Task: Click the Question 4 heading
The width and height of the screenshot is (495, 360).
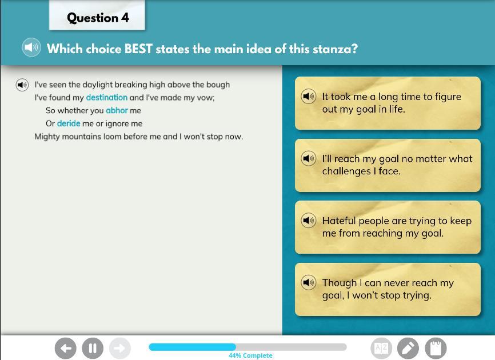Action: coord(98,18)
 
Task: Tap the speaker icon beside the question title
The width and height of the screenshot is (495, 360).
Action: coord(31,47)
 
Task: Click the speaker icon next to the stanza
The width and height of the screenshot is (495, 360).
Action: coord(22,85)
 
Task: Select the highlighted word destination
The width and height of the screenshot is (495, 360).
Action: coord(107,98)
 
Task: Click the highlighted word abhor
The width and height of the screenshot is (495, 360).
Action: coord(117,110)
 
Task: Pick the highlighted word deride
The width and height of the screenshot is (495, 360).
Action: coord(69,123)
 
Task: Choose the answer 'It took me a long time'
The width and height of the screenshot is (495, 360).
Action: coord(388,103)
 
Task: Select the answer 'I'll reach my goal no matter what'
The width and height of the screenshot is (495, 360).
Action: coord(388,165)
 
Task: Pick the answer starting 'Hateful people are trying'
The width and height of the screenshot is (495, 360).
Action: coord(388,227)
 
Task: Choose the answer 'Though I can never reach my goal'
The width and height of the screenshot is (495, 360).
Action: coord(388,289)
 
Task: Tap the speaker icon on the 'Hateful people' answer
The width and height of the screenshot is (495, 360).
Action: coord(309,220)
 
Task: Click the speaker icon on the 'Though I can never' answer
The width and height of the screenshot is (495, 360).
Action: coord(309,282)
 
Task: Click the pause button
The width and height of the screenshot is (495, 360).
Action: coord(93,349)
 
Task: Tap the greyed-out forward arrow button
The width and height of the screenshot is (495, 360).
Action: coord(120,349)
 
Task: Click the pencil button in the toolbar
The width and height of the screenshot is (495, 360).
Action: coord(408,349)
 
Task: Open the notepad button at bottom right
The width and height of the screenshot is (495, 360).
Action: coord(436,349)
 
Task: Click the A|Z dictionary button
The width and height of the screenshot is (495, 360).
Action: coord(381,349)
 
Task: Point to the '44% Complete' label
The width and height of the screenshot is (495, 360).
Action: coord(250,355)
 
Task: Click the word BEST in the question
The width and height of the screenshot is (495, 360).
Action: coord(138,49)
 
